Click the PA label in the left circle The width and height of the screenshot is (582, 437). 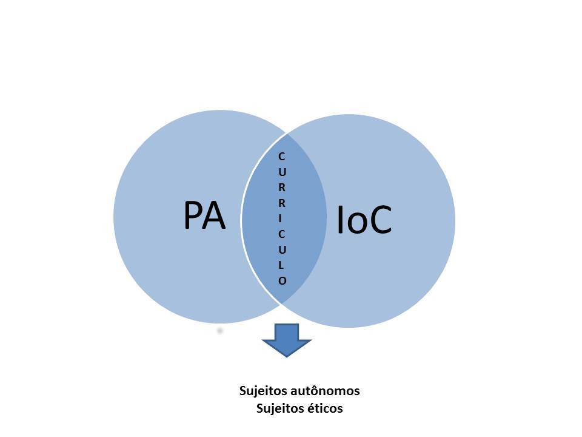[204, 215]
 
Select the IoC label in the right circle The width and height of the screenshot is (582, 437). [364, 220]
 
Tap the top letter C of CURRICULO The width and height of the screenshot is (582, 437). [282, 157]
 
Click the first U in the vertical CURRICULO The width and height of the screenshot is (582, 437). [282, 172]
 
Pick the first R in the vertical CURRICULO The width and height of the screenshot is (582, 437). [282, 188]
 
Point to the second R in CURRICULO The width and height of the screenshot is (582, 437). [282, 203]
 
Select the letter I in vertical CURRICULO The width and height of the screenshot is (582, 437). [282, 218]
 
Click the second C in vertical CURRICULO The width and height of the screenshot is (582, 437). [282, 234]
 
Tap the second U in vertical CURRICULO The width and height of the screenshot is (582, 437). [282, 249]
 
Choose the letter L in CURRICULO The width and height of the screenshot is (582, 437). [282, 265]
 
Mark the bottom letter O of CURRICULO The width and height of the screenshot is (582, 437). [282, 280]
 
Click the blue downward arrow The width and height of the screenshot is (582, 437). [287, 340]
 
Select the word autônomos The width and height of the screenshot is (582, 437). [325, 391]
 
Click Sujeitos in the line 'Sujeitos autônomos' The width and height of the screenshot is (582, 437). [263, 391]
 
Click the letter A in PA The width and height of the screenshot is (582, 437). [215, 215]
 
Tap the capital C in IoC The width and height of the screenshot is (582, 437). [380, 220]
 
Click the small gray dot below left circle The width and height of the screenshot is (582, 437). [219, 330]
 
